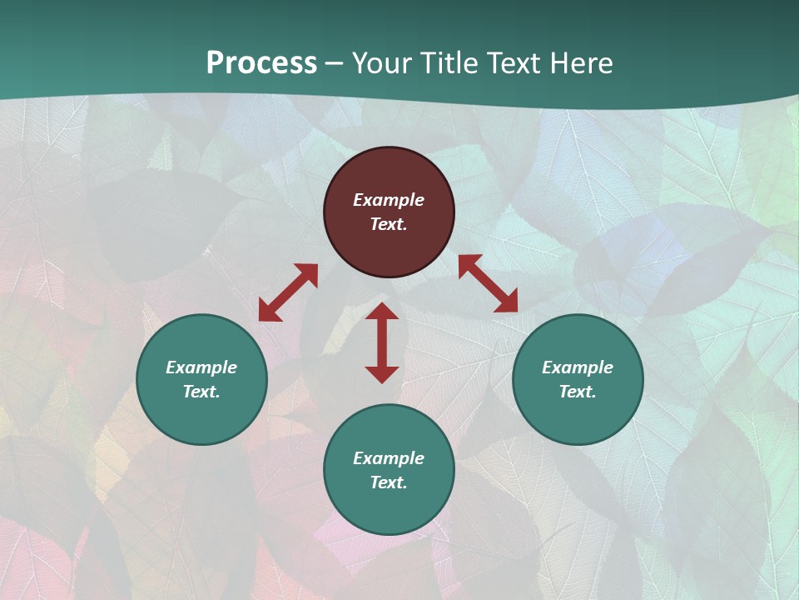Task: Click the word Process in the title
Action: pos(261,63)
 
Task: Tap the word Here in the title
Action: pos(582,63)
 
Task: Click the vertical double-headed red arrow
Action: pos(382,342)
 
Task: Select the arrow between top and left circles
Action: pos(288,292)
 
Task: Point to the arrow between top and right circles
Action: pos(488,283)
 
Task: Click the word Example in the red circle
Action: pos(389,200)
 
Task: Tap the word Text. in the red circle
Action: pos(389,224)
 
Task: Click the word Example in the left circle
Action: pos(201,367)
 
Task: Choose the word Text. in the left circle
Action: pos(201,392)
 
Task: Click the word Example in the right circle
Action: pos(578,367)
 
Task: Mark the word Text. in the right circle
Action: pos(578,392)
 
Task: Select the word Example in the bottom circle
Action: pos(389,458)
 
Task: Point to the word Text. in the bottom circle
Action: pos(389,482)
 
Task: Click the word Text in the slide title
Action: pos(518,63)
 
